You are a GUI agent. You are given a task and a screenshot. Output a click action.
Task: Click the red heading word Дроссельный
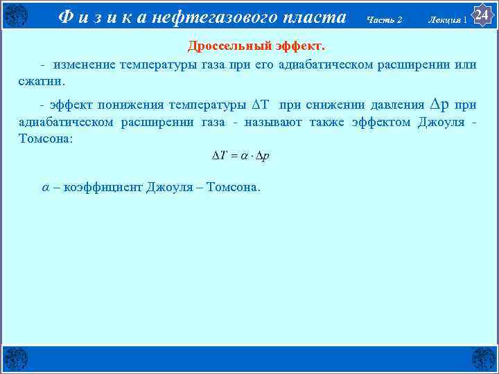[222, 46]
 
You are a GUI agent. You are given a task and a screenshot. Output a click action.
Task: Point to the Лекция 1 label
[448, 19]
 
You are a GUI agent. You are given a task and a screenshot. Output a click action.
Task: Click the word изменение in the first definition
[82, 65]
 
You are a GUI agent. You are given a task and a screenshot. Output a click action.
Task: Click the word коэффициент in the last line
[103, 187]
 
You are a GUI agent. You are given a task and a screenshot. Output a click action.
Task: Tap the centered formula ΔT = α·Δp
[240, 156]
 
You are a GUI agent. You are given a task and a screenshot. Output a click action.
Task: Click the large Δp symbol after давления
[439, 105]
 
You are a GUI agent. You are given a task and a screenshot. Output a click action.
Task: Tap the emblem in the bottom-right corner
[484, 359]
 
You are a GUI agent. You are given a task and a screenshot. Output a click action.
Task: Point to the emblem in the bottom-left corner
[15, 359]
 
